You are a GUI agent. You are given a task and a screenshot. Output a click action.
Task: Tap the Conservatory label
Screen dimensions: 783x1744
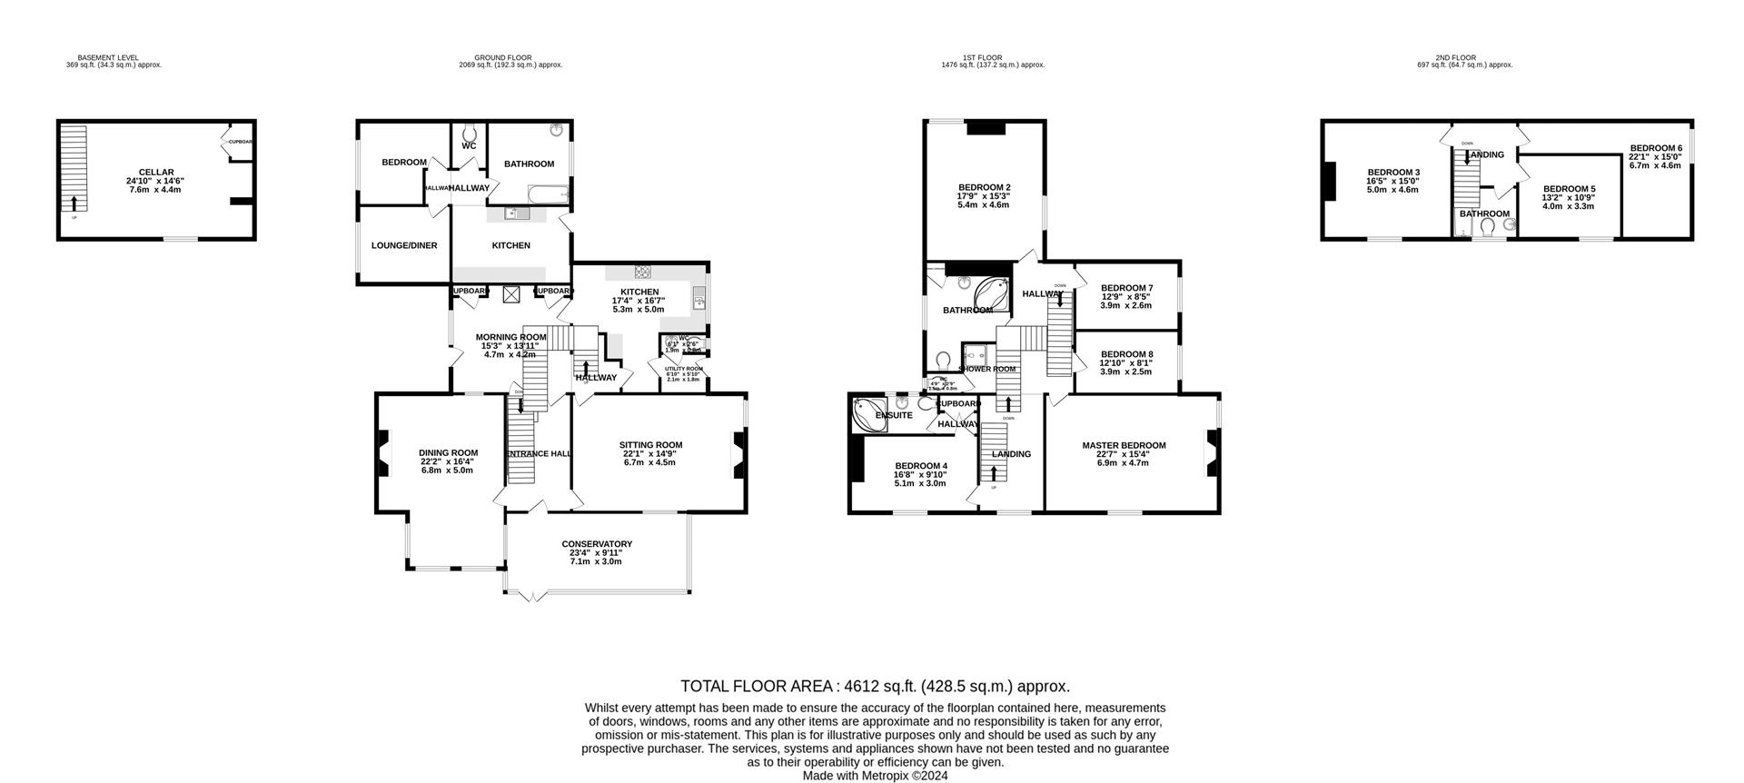596,544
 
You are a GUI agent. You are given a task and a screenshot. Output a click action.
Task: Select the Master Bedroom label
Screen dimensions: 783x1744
1124,445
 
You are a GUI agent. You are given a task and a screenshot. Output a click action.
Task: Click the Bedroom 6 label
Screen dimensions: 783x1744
1655,148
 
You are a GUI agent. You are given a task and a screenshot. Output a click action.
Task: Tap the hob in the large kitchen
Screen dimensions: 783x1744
643,270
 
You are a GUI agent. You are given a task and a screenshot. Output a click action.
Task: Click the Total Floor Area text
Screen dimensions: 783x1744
876,687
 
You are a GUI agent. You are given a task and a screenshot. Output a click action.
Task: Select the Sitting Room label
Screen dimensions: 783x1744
650,445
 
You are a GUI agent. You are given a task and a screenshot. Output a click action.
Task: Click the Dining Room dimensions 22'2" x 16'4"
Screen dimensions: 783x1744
448,461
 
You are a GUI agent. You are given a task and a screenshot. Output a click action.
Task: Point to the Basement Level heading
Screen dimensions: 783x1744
108,57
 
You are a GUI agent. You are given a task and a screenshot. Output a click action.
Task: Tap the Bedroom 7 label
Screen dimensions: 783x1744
1126,288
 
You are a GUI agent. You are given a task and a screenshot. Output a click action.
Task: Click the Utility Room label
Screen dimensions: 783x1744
683,369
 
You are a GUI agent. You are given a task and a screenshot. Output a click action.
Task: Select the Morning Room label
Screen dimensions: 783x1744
511,337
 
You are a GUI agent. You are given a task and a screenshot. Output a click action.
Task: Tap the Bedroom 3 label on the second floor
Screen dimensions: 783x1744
1393,173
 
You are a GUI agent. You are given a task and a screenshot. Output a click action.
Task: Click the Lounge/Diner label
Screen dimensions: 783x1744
404,245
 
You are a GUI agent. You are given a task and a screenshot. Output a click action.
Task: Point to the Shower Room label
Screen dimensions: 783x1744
988,369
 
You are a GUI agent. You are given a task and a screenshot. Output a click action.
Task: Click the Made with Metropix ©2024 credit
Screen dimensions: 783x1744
875,776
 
